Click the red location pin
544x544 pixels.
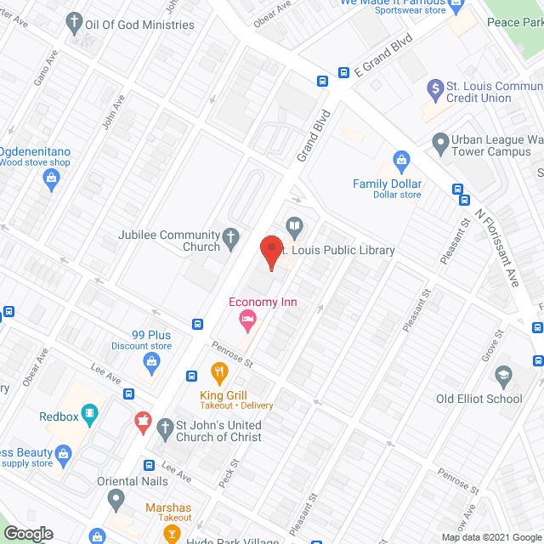270,252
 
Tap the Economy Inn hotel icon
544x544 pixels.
248,320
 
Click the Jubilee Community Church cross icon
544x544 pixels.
231,240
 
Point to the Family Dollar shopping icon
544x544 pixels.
402,160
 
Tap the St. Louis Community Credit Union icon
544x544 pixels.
435,88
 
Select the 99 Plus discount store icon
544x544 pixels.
151,364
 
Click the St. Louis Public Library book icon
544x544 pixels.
293,226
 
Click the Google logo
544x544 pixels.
27,534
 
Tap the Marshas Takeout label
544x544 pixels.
168,513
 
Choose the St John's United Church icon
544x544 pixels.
143,422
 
